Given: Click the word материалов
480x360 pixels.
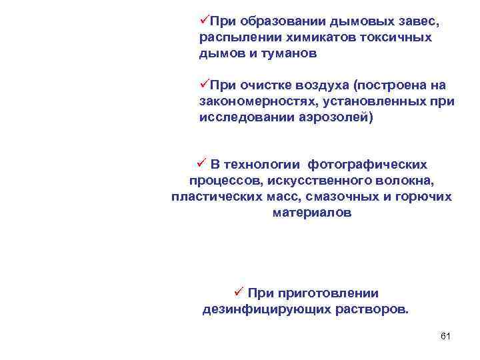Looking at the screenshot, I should pyautogui.click(x=311, y=213).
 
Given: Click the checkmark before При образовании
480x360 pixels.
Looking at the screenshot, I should pyautogui.click(x=204, y=21).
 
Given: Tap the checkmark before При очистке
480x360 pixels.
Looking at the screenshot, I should pyautogui.click(x=204, y=85).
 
